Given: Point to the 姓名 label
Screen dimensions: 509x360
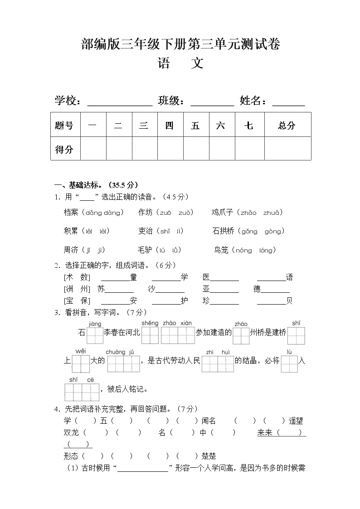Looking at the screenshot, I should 253,101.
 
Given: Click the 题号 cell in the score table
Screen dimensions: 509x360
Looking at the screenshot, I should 64,126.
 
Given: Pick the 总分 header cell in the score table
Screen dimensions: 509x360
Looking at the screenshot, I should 287,126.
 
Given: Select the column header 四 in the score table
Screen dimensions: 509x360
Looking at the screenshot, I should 169,126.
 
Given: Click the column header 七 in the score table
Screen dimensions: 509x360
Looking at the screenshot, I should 249,126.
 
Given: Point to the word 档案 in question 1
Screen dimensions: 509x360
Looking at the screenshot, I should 71,212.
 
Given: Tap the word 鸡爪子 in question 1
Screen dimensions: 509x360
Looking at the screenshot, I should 222,212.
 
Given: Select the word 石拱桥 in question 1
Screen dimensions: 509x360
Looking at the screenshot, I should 223,231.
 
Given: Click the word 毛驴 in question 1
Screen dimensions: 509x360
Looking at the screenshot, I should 145,250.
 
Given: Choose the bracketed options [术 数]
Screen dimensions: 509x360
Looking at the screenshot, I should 77,277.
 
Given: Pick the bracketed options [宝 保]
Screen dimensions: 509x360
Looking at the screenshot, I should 77,301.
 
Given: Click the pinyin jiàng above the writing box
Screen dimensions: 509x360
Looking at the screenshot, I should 95,324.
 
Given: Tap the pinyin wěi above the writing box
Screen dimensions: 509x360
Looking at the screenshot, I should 80,351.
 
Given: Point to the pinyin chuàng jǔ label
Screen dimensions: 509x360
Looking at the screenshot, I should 120,352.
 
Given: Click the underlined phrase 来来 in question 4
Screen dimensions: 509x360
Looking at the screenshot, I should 265,433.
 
